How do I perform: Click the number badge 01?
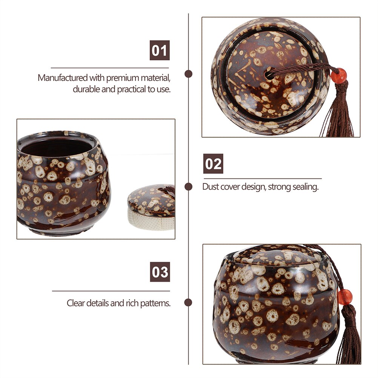(x=160, y=50)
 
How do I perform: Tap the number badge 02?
(x=213, y=163)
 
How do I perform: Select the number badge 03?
(x=160, y=272)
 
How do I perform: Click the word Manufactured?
(x=63, y=78)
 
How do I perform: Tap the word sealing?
(x=306, y=187)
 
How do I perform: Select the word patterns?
(x=155, y=303)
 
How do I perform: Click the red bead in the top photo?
(x=339, y=76)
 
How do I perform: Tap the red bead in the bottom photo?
(x=344, y=297)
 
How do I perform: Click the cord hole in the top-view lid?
(x=269, y=74)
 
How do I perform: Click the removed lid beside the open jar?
(x=151, y=207)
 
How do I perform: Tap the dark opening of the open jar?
(x=57, y=147)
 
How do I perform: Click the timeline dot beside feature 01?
(x=189, y=74)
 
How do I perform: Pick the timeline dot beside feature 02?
(x=189, y=187)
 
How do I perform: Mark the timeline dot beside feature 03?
(x=188, y=303)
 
